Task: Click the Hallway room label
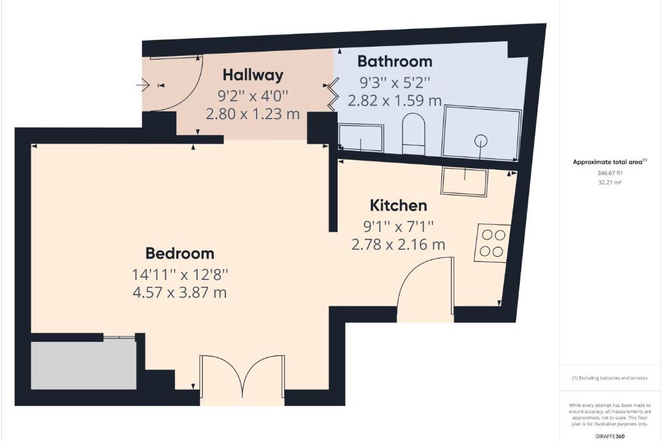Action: point(253,75)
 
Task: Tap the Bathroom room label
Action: point(395,61)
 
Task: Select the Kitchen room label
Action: point(398,206)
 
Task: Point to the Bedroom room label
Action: point(180,254)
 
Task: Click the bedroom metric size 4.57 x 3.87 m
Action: point(180,292)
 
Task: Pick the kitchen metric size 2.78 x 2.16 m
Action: point(398,244)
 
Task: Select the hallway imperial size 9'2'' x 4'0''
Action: point(253,96)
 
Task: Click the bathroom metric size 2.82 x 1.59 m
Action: point(395,101)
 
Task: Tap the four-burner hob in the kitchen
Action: point(493,242)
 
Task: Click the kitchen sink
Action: point(465,181)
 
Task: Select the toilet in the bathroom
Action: point(413,133)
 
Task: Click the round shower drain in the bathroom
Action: point(481,141)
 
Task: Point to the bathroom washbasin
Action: point(361,138)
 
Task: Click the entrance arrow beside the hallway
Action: point(142,85)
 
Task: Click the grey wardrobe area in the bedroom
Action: point(83,365)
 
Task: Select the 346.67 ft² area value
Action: point(610,173)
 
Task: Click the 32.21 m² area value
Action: point(610,183)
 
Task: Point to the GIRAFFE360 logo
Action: point(610,436)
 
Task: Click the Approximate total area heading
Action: point(610,161)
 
